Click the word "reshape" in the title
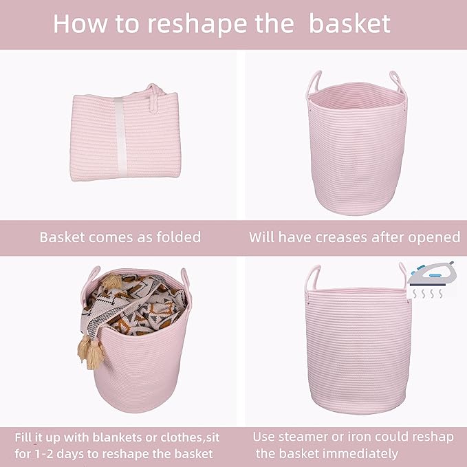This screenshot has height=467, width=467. coord(202,23)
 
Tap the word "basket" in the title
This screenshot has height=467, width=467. coord(349,23)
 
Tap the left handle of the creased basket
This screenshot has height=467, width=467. coord(315,82)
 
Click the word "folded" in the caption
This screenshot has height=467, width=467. coord(176,237)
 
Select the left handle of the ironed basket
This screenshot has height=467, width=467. coord(313,278)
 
